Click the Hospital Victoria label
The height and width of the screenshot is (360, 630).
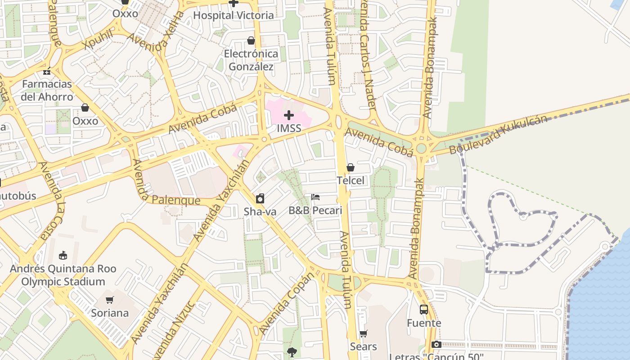tap(233, 15)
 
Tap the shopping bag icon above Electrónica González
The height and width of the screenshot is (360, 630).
tap(251, 41)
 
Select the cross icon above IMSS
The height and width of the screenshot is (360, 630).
tap(289, 115)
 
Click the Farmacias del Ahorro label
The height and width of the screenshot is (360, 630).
tap(47, 90)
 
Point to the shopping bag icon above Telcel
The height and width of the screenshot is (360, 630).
tap(351, 168)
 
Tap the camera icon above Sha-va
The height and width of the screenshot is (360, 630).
tap(260, 198)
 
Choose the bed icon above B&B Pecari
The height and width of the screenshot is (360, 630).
tap(315, 197)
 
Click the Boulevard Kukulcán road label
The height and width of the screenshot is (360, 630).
tap(499, 134)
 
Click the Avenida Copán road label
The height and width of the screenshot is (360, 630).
tap(286, 304)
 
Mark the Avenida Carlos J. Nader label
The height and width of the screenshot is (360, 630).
tap(368, 54)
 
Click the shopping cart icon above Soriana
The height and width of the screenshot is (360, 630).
tap(110, 300)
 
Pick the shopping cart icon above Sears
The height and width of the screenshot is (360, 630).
tap(363, 334)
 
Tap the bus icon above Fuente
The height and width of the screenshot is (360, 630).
tap(424, 310)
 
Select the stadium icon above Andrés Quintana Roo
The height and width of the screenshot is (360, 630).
tap(63, 256)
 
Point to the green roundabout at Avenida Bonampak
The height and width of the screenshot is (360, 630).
tap(421, 148)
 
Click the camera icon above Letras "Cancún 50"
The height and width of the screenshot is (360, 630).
tap(436, 345)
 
